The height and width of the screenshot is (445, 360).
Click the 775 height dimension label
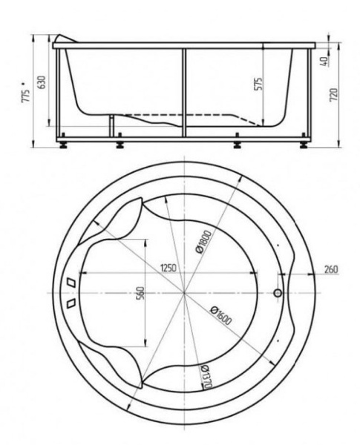pos(25,96)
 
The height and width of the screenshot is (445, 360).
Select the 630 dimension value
pos(42,82)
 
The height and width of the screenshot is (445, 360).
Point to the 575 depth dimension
pos(258,84)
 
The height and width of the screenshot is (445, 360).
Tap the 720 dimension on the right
pos(335,94)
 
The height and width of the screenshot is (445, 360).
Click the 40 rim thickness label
pos(324,61)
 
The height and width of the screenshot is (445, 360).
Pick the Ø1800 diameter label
pos(203,242)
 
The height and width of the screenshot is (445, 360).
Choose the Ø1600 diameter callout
pos(220,316)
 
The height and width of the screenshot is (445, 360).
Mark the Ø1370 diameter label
pos(206,378)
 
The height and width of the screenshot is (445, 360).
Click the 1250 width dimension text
pos(168,268)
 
